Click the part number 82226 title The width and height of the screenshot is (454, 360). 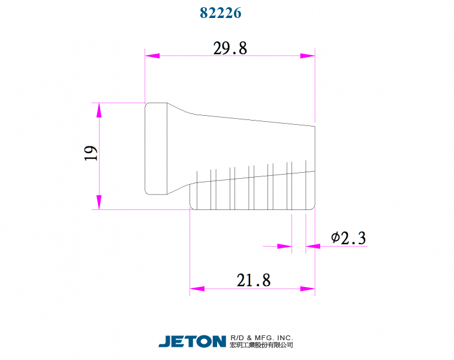pos(221,13)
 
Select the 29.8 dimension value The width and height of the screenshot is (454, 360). pos(230,49)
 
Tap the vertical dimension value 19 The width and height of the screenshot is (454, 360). pos(91,153)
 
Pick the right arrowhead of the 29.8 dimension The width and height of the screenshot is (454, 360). pos(308,56)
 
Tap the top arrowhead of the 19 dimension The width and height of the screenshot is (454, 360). pos(100,110)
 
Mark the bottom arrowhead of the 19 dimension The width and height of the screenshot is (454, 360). pos(100,202)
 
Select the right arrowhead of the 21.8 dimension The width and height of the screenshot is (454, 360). pos(308,289)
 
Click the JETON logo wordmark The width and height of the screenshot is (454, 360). pos(192,341)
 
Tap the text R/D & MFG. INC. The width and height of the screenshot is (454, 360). pos(261,338)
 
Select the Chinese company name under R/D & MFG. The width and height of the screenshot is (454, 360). pos(261,345)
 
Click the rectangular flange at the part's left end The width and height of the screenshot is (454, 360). pos(156,148)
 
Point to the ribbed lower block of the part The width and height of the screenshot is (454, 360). pos(252,192)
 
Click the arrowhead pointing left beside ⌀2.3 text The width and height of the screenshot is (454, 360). pos(312,245)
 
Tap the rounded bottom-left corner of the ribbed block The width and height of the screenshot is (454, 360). pos(193,206)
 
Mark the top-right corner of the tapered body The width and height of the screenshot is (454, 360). pos(315,126)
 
